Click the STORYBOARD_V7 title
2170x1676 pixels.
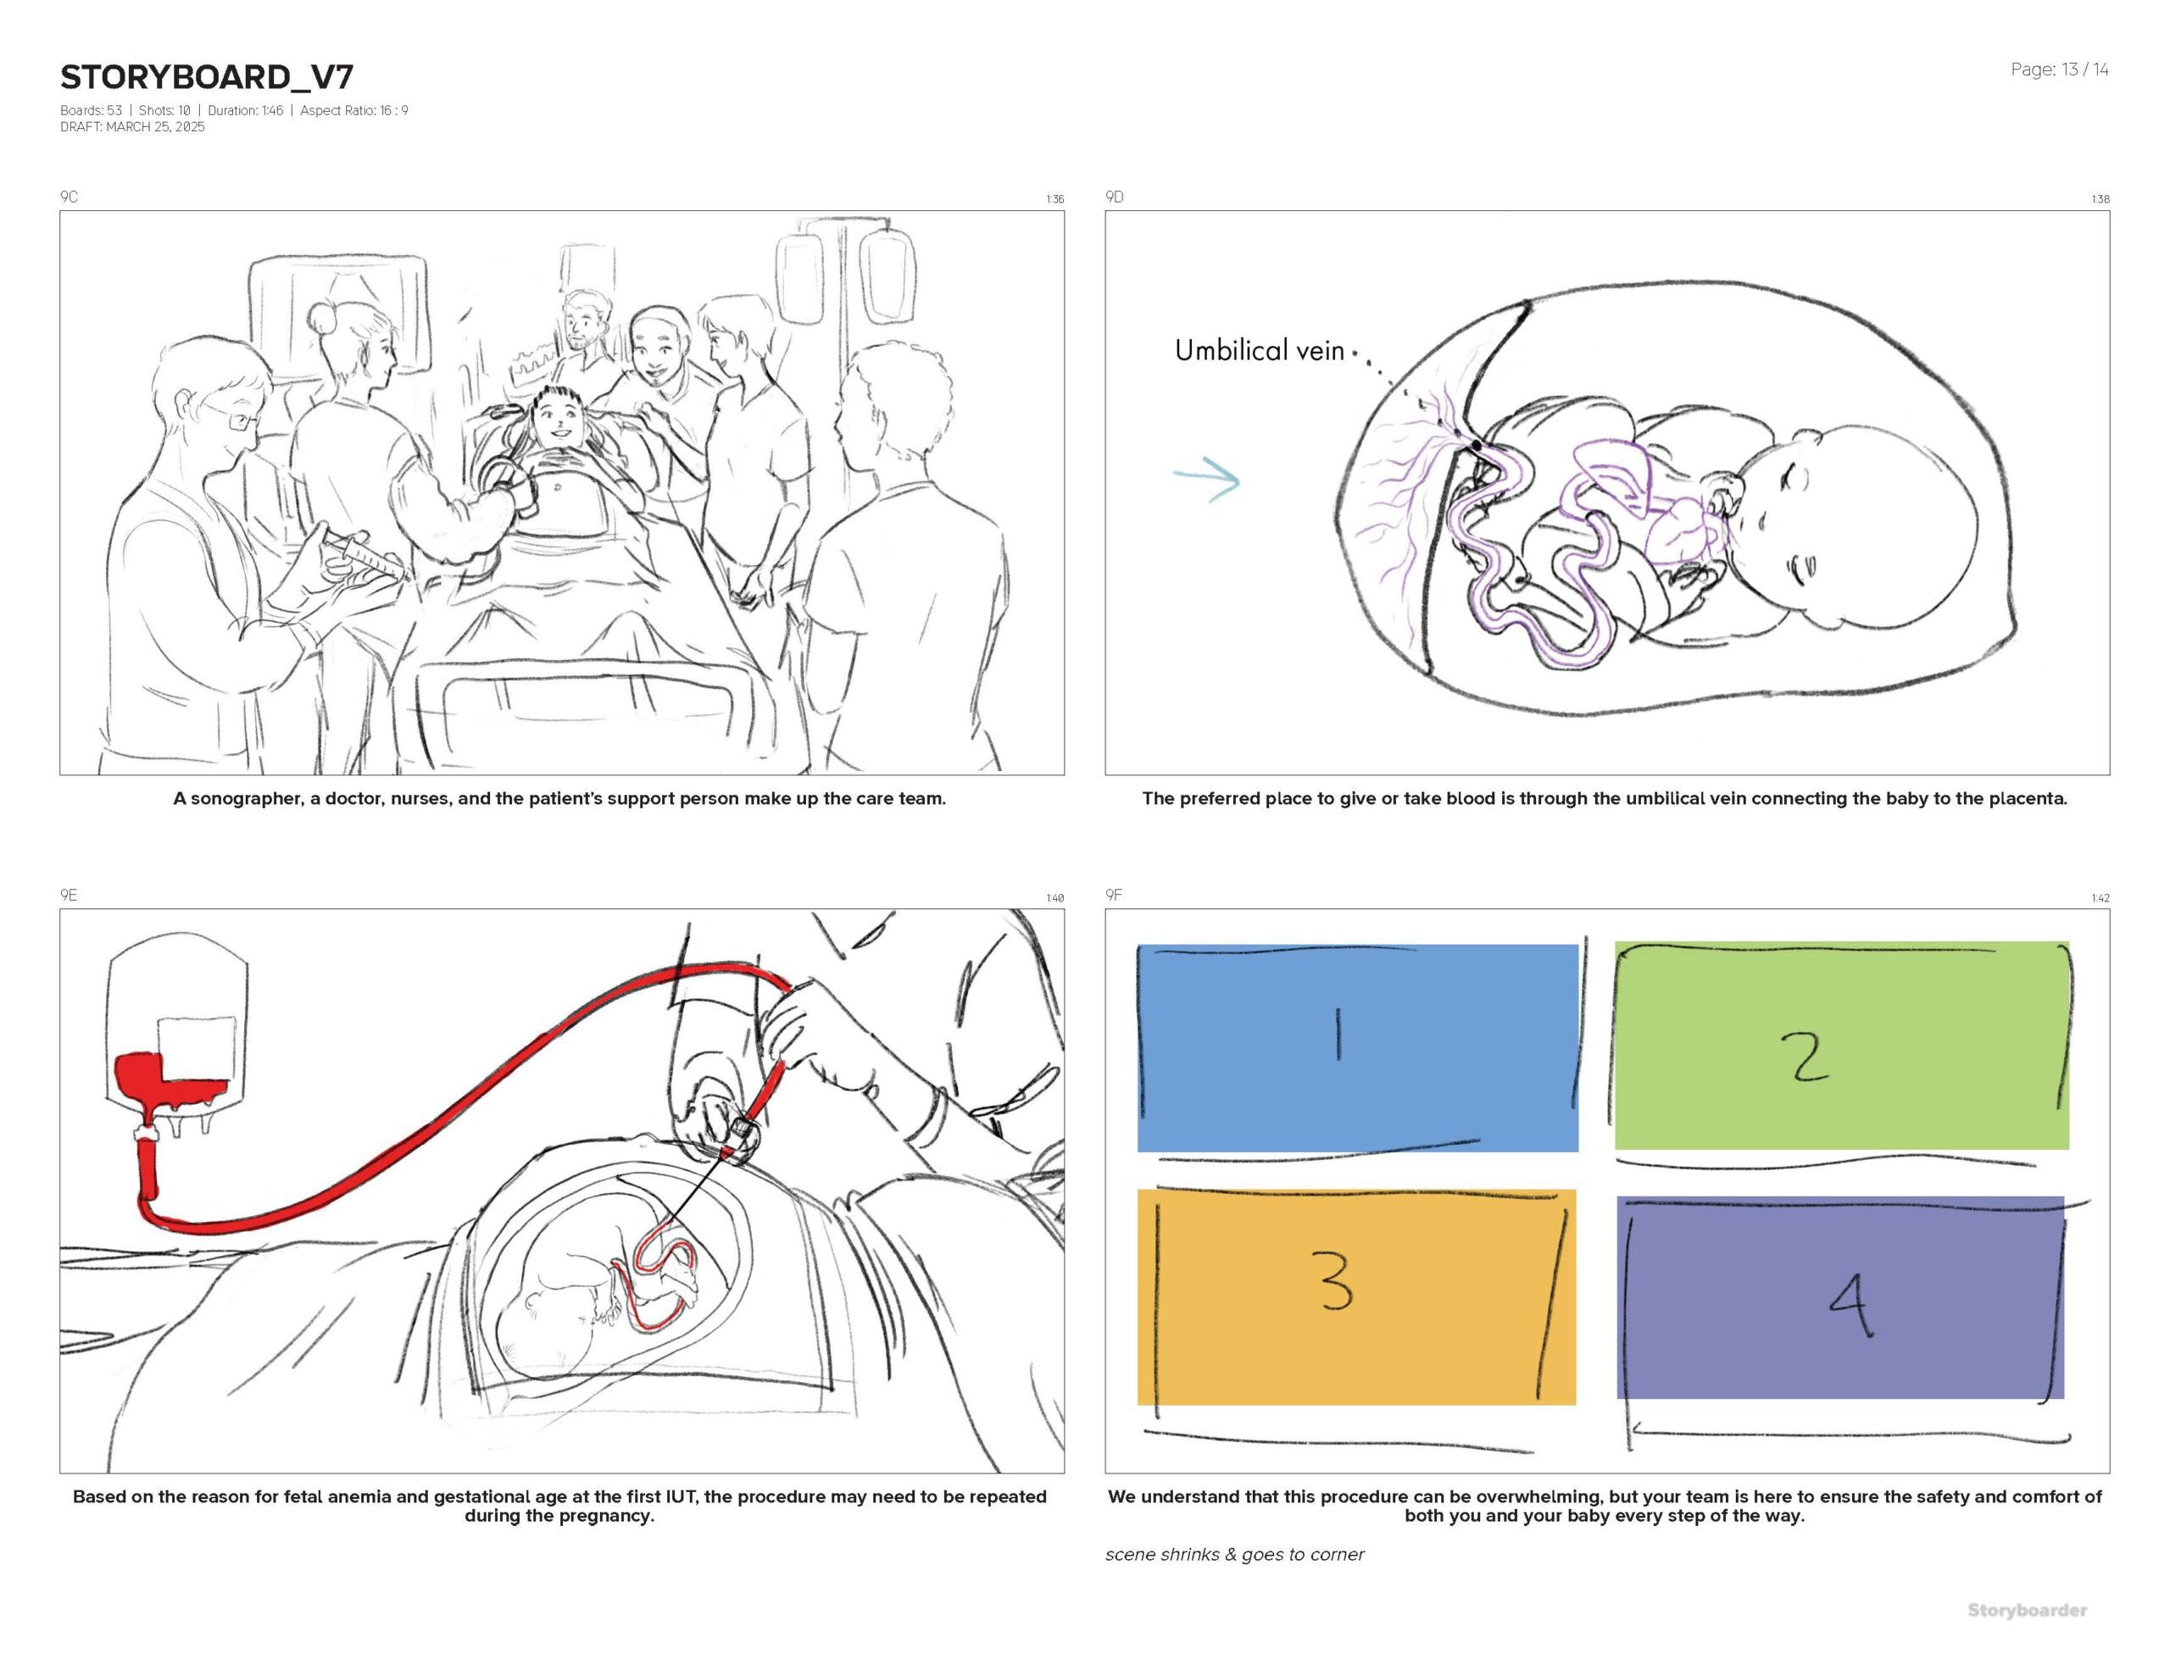click(207, 77)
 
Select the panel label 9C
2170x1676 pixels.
click(69, 197)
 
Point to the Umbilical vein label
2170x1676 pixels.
click(1259, 350)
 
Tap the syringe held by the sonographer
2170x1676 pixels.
click(360, 552)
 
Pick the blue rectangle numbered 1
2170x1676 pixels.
click(1356, 1047)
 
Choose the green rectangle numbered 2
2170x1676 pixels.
click(1841, 1045)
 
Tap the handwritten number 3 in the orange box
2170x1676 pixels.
click(1337, 1282)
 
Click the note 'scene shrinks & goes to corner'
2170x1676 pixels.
click(1234, 1555)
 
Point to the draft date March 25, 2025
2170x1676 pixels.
click(132, 127)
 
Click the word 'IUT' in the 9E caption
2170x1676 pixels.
click(693, 1497)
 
